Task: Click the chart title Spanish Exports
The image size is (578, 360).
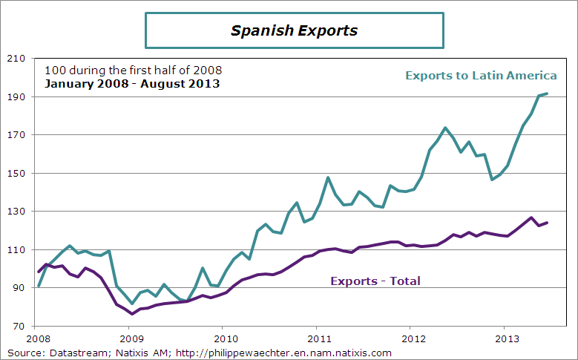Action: click(x=294, y=30)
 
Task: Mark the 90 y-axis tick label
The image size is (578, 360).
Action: click(x=18, y=288)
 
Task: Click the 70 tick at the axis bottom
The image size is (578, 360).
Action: click(x=18, y=327)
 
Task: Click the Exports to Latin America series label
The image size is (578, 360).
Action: click(x=481, y=76)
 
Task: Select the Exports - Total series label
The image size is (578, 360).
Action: click(x=375, y=281)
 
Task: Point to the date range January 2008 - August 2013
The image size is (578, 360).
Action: click(x=132, y=83)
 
